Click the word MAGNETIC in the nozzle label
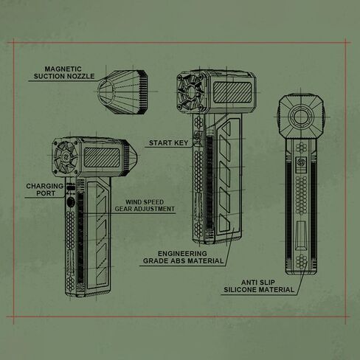tap(63, 69)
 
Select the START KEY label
tap(169, 143)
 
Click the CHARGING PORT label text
tap(45, 190)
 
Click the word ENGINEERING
tap(182, 254)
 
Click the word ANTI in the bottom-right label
tap(249, 283)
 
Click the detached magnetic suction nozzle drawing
tap(123, 92)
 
